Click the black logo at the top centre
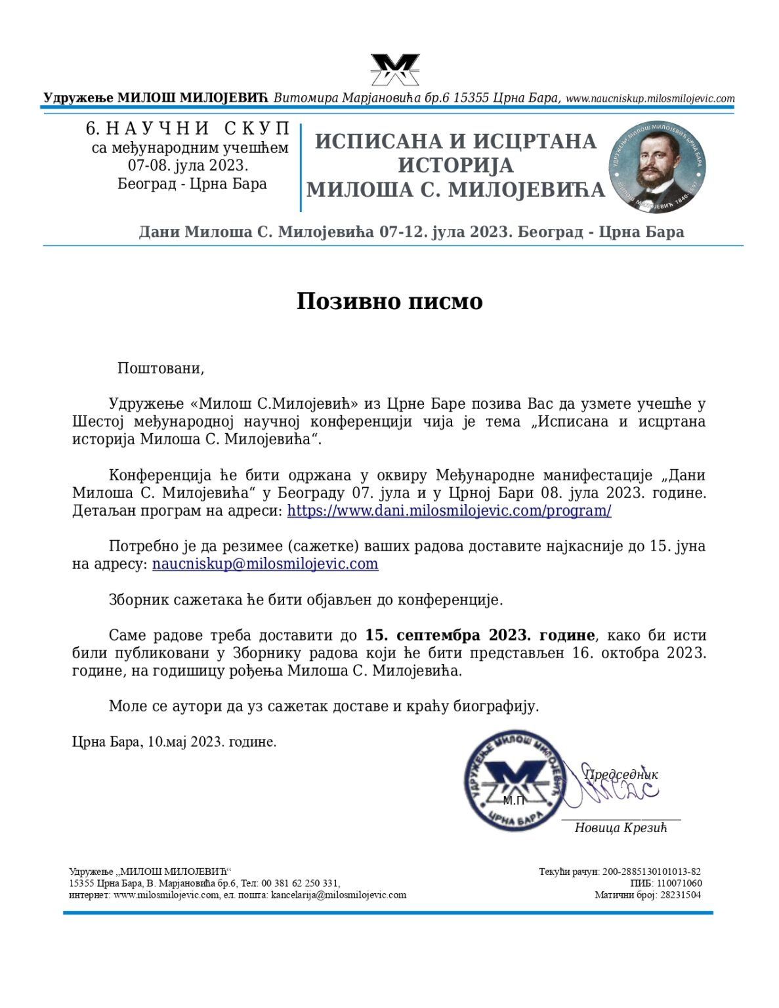coord(394,70)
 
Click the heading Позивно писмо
coord(389,301)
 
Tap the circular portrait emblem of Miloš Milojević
coord(657,167)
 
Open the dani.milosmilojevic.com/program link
coord(449,511)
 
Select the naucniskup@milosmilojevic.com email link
coord(265,564)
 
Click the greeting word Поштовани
coord(160,368)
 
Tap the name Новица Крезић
coord(620,828)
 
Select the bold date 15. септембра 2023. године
coord(480,635)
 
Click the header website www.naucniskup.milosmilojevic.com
coord(650,98)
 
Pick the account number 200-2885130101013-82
coord(651,871)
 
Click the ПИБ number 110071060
coord(679,883)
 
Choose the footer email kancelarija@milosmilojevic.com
coord(339,894)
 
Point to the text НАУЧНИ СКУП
coord(197,129)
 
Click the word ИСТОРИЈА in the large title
coord(455,165)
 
